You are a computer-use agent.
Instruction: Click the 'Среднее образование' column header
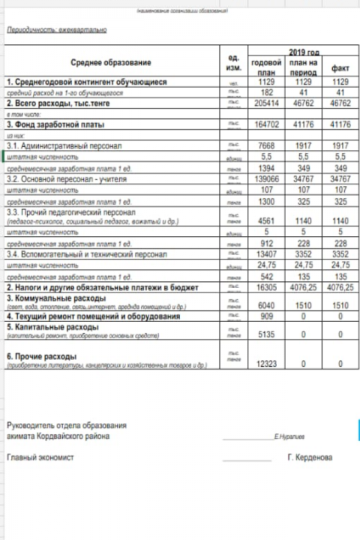111,62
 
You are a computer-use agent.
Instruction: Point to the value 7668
266,145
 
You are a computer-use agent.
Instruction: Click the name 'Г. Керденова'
309,457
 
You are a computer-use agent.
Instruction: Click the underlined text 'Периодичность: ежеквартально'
56,31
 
